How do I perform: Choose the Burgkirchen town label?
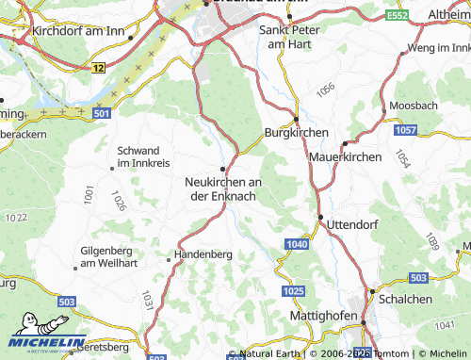[296, 133]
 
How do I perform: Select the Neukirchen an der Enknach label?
[223, 188]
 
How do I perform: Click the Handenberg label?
[203, 254]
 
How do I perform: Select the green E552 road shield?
[397, 15]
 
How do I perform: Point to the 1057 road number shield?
[406, 127]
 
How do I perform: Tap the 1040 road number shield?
[296, 245]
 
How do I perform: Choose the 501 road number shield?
[102, 114]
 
